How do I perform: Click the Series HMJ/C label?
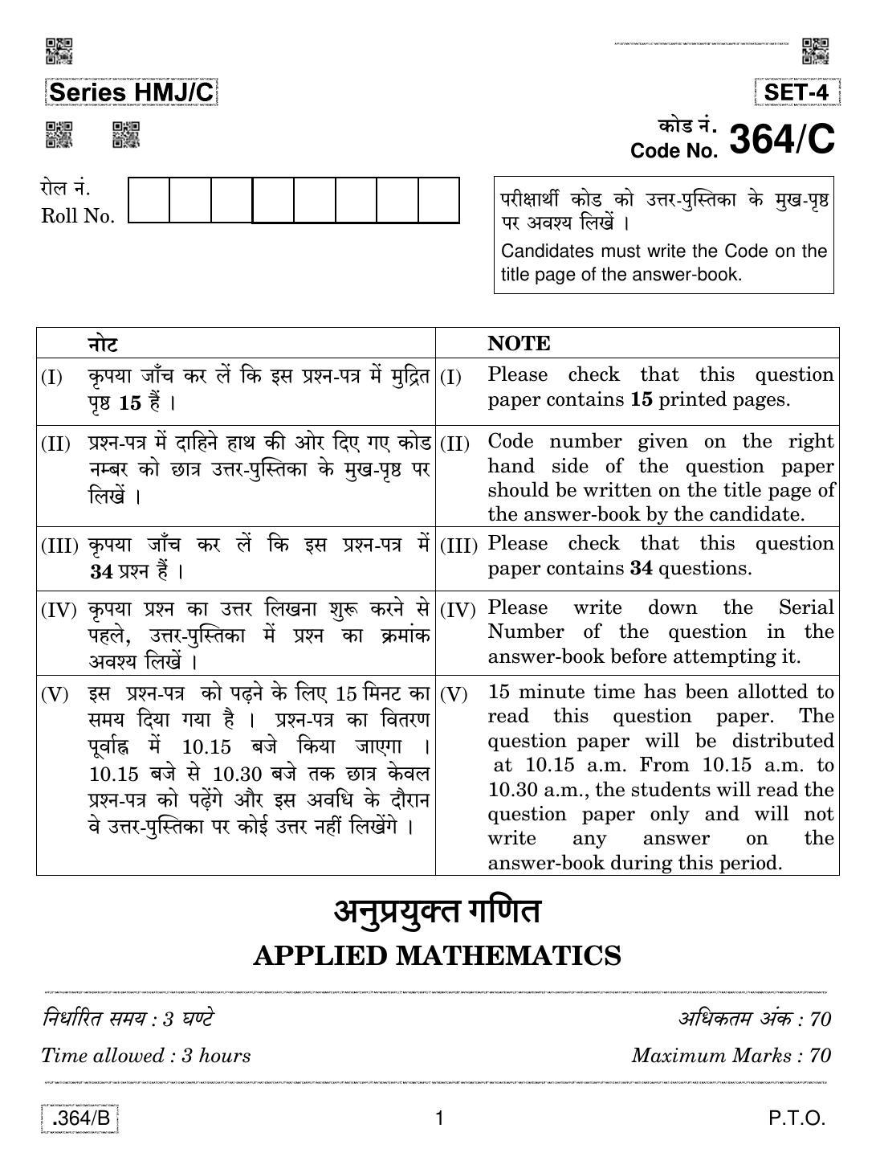[x=131, y=93]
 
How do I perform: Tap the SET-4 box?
[x=797, y=92]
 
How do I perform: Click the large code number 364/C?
[x=781, y=139]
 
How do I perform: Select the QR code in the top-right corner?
[x=816, y=51]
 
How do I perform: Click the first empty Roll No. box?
[x=149, y=200]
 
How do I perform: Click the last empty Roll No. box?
[x=438, y=200]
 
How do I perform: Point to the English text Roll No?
[x=78, y=216]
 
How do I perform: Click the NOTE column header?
[x=519, y=344]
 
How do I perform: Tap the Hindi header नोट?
[x=103, y=344]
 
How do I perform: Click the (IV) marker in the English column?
[x=458, y=610]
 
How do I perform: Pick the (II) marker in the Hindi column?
[x=55, y=444]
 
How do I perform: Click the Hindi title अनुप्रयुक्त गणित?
[x=437, y=912]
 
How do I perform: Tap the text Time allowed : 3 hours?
[x=145, y=1055]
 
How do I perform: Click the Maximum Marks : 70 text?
[x=731, y=1055]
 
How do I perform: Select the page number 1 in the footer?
[x=438, y=1118]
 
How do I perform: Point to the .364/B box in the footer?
[x=79, y=1118]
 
